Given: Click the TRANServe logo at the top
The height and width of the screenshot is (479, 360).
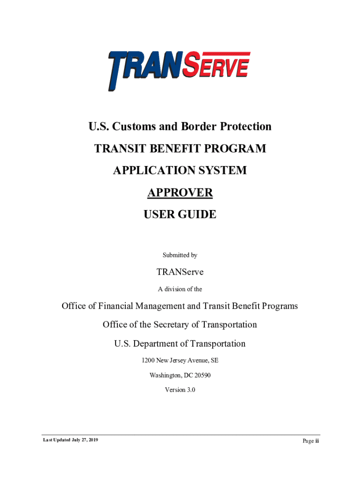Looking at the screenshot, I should tap(180, 70).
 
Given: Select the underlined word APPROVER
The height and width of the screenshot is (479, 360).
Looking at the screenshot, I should tap(180, 193).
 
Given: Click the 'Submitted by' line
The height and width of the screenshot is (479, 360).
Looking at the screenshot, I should tap(180, 255).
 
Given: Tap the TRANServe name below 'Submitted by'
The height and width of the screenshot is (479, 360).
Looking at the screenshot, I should tap(180, 272).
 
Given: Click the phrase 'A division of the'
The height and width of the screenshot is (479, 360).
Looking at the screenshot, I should tap(180, 289).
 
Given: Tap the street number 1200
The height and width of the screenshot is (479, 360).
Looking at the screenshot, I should tap(148, 361).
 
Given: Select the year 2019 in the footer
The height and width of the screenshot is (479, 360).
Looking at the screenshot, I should tap(93, 440).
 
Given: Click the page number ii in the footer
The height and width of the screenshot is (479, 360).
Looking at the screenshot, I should tap(317, 441).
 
